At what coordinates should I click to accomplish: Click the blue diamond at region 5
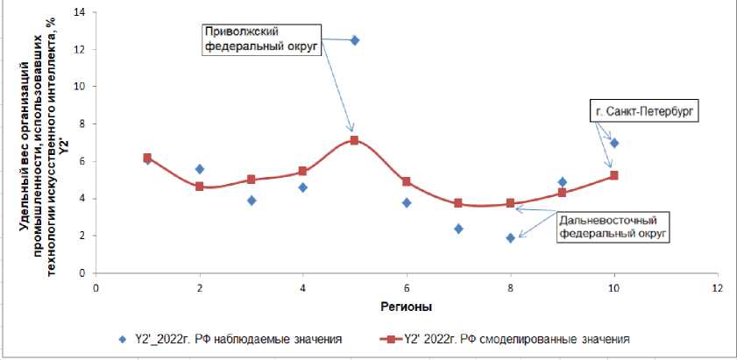[355, 40]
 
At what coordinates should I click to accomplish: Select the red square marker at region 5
[354, 140]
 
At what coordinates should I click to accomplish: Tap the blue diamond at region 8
[510, 237]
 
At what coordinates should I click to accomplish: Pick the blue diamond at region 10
[614, 143]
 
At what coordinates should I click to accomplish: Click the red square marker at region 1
[147, 158]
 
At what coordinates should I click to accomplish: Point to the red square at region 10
[613, 175]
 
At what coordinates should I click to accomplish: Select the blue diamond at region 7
[458, 229]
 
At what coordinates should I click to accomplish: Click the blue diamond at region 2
[199, 169]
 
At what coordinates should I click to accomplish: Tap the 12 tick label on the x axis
[718, 287]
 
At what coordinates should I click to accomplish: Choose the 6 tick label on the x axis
[406, 287]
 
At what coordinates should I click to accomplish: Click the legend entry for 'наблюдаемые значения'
[232, 338]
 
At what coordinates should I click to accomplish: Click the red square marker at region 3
[251, 180]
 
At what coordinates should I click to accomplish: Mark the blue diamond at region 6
[407, 202]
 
